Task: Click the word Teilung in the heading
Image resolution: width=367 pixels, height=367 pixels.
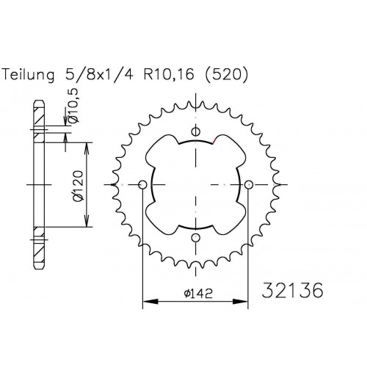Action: [28, 75]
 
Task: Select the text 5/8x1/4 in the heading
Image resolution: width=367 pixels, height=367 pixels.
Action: [99, 74]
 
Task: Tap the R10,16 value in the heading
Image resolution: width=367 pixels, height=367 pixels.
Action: [169, 75]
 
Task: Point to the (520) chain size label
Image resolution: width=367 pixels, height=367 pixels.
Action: [226, 74]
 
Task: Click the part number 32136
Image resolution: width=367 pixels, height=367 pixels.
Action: [292, 291]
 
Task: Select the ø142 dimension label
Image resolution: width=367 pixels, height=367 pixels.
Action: [198, 294]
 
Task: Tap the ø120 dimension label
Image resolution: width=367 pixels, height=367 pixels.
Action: [79, 185]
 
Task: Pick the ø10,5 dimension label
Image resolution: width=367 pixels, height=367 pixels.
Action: [73, 106]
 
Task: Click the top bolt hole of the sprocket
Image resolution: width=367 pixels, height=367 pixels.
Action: [195, 131]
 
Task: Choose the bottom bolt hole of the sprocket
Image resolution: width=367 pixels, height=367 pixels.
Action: [195, 237]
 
